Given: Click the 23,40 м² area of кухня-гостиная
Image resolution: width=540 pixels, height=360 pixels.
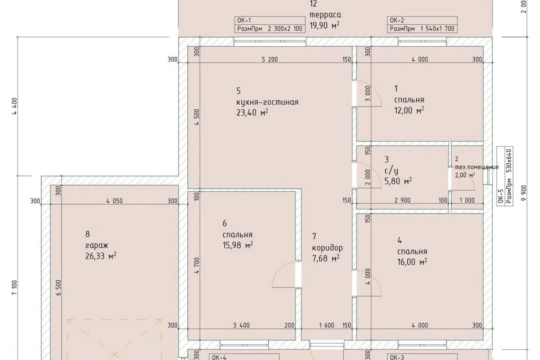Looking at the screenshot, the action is pyautogui.click(x=252, y=112).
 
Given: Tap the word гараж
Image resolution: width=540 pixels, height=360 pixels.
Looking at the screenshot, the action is pyautogui.click(x=97, y=245).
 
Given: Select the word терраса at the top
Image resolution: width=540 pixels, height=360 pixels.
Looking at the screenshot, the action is pyautogui.click(x=326, y=15).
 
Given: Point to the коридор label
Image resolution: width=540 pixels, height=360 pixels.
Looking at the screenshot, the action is pyautogui.click(x=327, y=247).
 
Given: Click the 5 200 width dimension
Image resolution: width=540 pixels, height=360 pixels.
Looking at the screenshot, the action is pyautogui.click(x=269, y=60).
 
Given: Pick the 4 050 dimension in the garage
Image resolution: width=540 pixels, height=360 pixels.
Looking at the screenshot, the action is pyautogui.click(x=114, y=201).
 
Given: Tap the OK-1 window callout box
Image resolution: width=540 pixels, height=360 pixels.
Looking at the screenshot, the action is pyautogui.click(x=270, y=24).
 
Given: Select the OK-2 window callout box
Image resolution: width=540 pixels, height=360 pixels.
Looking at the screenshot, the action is pyautogui.click(x=422, y=24).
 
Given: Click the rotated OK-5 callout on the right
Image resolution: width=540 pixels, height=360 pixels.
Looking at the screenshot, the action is pyautogui.click(x=505, y=176).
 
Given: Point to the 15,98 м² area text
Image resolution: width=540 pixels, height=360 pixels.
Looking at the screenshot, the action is pyautogui.click(x=237, y=245).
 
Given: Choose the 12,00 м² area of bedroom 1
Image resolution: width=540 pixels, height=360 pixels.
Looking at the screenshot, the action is pyautogui.click(x=409, y=110).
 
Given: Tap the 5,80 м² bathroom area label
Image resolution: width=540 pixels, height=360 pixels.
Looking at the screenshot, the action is pyautogui.click(x=398, y=181).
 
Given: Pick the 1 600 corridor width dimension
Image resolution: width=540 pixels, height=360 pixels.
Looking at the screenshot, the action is pyautogui.click(x=326, y=325).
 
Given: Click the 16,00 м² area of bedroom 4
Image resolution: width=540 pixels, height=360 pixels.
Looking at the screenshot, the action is pyautogui.click(x=412, y=262).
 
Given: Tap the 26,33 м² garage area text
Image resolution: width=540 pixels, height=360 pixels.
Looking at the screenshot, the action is pyautogui.click(x=101, y=256).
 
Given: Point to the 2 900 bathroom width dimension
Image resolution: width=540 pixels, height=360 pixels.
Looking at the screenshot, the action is pyautogui.click(x=402, y=200).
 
